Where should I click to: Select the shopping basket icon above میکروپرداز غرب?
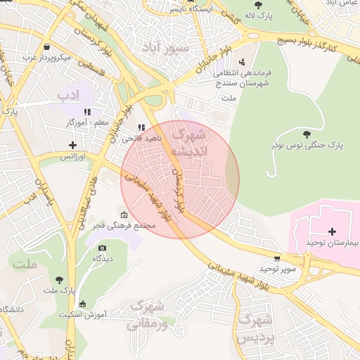tap(46, 46)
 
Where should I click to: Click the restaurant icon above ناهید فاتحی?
tap(141, 128)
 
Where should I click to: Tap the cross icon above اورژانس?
tap(72, 146)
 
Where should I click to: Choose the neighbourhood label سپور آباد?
tap(165, 48)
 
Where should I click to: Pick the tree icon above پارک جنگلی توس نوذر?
tap(306, 134)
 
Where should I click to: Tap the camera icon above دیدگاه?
tap(103, 247)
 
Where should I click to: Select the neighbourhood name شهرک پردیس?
tap(255, 328)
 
